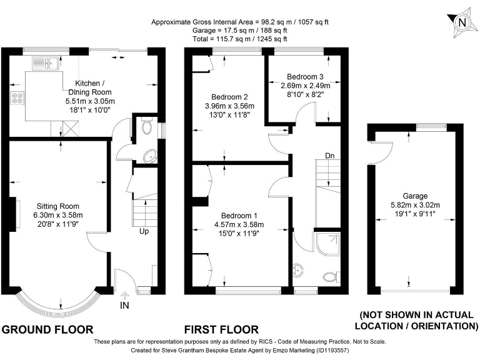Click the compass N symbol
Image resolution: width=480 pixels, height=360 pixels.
click(x=463, y=22)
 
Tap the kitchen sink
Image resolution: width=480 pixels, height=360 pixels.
click(x=45, y=63)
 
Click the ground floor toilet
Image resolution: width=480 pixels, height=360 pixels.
click(x=147, y=126)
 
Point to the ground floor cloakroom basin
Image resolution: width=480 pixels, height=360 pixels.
click(x=150, y=156)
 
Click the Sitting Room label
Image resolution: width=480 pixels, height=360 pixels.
click(x=58, y=206)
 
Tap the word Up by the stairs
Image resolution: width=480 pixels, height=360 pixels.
click(x=144, y=231)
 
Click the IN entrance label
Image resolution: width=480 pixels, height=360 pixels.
click(x=124, y=305)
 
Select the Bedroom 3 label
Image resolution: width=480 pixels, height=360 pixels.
click(x=305, y=76)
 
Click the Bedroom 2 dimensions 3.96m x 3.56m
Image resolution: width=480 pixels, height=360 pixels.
click(x=229, y=106)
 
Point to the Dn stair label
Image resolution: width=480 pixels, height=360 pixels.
click(x=330, y=156)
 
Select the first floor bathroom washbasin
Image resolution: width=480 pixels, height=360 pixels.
click(x=298, y=270)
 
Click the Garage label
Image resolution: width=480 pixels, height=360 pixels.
click(x=415, y=196)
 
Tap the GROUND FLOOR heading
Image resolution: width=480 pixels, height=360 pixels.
click(x=47, y=330)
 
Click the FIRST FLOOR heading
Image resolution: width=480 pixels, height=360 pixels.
click(x=221, y=330)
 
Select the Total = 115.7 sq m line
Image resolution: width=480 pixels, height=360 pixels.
click(x=240, y=39)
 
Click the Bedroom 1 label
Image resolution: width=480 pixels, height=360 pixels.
click(x=239, y=216)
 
